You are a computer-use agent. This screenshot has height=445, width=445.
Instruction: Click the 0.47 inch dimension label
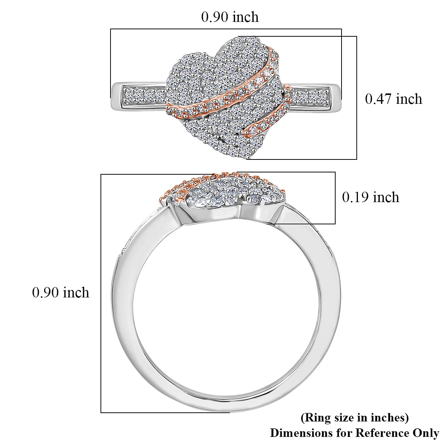point(393,99)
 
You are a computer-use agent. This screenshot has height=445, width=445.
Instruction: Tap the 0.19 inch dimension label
point(370,197)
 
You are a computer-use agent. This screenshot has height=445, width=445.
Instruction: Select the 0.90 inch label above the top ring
point(230,17)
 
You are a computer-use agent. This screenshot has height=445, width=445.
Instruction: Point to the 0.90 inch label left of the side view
point(61,293)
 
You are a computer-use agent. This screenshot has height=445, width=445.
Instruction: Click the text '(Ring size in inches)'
point(355,418)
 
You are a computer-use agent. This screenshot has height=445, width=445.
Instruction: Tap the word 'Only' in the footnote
point(425,433)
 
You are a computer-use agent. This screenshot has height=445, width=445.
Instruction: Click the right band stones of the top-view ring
point(311,96)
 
